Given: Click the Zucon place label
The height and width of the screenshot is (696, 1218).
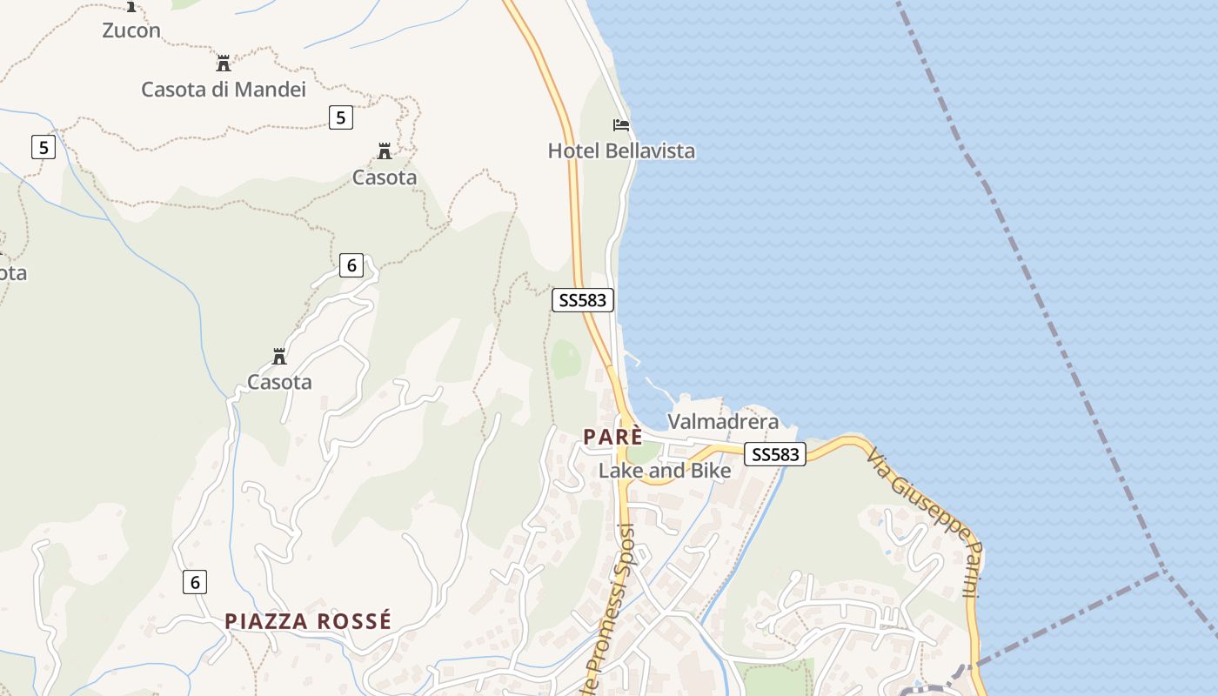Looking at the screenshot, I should [131, 30].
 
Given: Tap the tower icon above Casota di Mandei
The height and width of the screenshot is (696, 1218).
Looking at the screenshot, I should [224, 64].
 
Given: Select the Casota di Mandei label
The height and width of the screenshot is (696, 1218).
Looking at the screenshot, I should [224, 89].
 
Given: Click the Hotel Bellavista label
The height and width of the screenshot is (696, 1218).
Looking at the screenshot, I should [621, 151].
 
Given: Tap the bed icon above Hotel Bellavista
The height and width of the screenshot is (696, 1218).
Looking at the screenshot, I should [621, 125].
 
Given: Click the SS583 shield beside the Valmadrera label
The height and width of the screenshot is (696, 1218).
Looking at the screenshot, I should [775, 454].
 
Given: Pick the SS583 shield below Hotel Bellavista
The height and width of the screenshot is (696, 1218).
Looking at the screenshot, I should [583, 300].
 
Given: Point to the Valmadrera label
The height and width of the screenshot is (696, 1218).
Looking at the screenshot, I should [723, 422].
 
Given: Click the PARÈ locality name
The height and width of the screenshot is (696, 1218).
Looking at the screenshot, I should [613, 437].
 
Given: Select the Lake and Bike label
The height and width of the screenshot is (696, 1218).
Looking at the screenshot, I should [665, 471].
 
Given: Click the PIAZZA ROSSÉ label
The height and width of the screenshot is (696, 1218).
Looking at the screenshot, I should [308, 621].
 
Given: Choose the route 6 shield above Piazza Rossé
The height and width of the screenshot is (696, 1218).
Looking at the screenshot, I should [195, 582].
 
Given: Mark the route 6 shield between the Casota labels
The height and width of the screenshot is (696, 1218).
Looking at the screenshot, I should [351, 265].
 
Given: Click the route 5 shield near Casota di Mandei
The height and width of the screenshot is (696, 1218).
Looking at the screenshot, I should [341, 117].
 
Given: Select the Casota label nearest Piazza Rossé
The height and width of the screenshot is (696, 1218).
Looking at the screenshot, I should [279, 382].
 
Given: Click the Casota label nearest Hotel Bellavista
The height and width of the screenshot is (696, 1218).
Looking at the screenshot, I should [385, 177].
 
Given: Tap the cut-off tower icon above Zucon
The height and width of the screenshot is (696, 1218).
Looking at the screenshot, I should [131, 5].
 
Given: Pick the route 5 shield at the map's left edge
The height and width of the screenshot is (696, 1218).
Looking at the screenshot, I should [43, 147].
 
